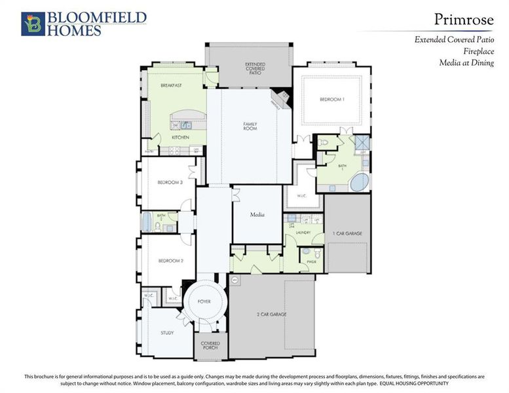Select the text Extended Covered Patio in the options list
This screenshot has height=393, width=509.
(x=454, y=40)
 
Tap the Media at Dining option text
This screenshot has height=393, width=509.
(x=466, y=63)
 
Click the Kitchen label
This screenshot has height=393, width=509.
(x=180, y=138)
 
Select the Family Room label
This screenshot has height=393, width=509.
(x=250, y=126)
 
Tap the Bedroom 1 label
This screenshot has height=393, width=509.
(x=331, y=99)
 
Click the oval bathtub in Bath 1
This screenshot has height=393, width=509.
(x=359, y=183)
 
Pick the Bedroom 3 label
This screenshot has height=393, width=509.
(x=170, y=183)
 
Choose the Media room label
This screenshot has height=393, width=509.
(x=257, y=215)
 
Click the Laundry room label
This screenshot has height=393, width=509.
(x=303, y=233)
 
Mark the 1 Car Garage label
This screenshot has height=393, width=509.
(x=348, y=233)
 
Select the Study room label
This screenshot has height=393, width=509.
(x=167, y=333)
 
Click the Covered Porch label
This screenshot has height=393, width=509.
(x=210, y=345)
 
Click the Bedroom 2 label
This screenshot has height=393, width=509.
(x=170, y=261)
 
